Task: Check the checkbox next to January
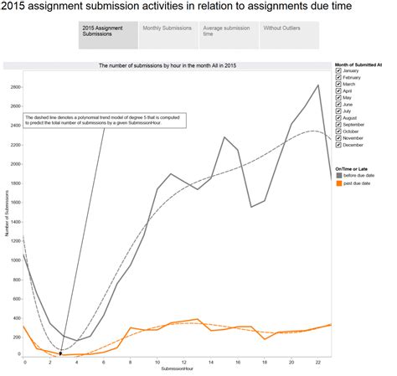(x=338, y=71)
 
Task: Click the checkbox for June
(x=338, y=104)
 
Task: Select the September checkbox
(x=338, y=124)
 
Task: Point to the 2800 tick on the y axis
(x=15, y=86)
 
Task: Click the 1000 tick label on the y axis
(x=15, y=260)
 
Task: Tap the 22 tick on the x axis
(x=317, y=362)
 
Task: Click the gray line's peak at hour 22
(x=317, y=85)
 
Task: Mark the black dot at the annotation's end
(x=60, y=354)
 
